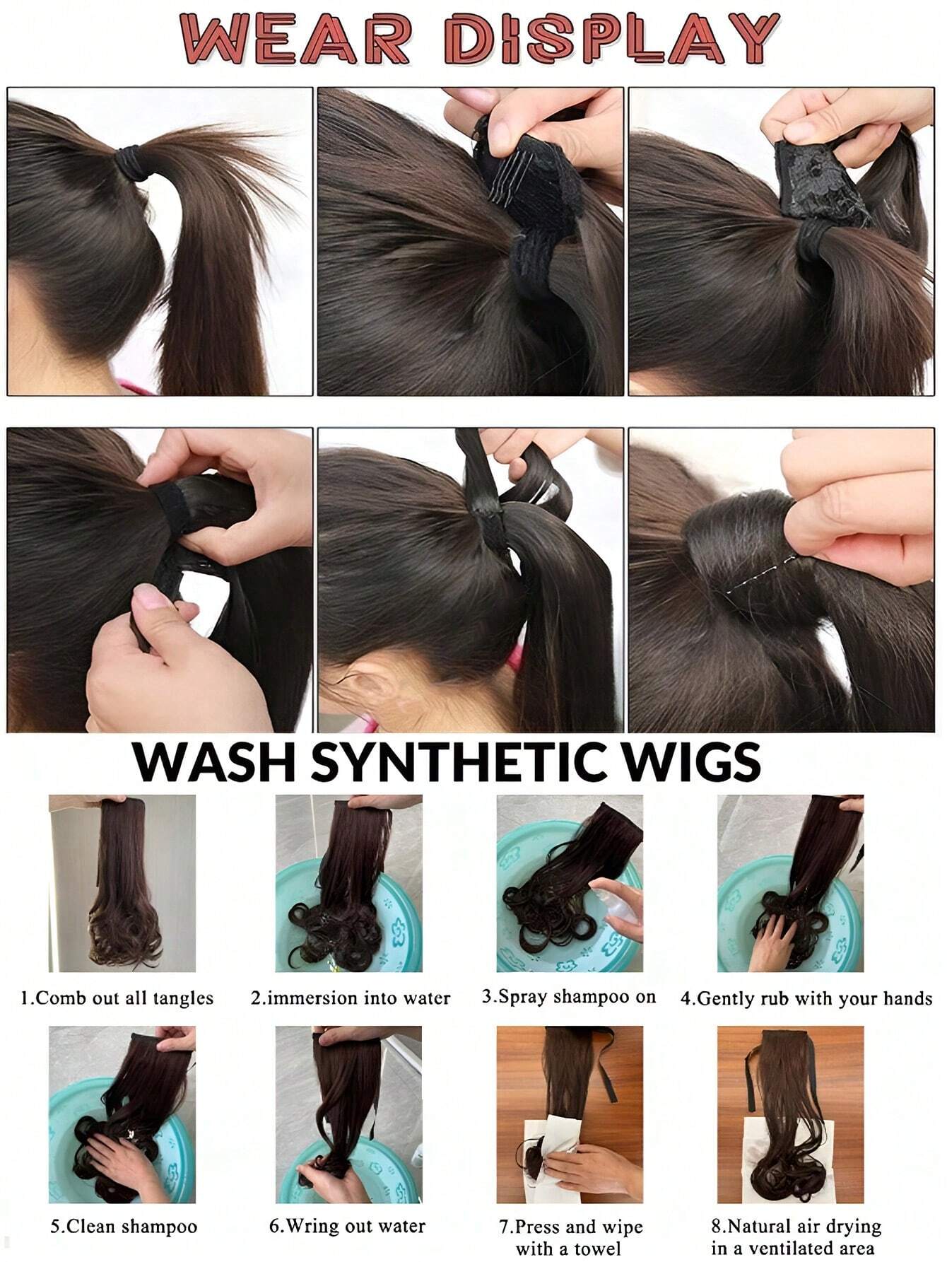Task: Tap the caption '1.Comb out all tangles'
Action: click(x=117, y=998)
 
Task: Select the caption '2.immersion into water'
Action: click(x=350, y=998)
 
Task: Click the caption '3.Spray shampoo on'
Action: click(x=569, y=997)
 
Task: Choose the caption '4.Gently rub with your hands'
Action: click(x=806, y=999)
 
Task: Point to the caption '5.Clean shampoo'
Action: click(x=123, y=1227)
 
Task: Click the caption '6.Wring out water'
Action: click(x=347, y=1226)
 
